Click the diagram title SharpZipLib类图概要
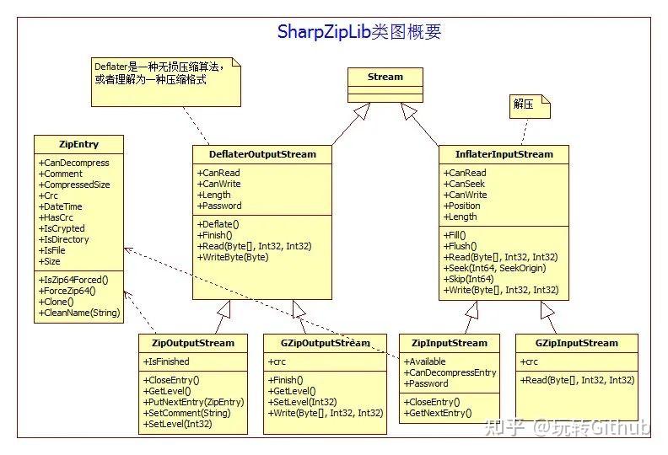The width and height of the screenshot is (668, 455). [x=359, y=32]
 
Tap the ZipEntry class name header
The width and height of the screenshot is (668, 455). [x=78, y=144]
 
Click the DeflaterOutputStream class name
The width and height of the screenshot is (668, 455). [x=261, y=154]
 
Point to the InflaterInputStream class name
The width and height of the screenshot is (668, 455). [x=504, y=154]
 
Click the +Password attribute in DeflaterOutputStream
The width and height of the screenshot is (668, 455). [x=219, y=206]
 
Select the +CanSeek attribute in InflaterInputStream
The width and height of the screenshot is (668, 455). [x=465, y=184]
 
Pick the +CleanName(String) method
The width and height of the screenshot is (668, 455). [x=79, y=313]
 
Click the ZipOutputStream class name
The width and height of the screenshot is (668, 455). [x=193, y=343]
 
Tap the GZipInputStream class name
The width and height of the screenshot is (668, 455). [x=576, y=343]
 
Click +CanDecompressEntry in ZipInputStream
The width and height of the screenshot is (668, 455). [x=450, y=372]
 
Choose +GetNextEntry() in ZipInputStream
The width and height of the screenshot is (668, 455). [x=438, y=414]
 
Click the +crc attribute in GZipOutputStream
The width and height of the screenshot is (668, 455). [x=278, y=361]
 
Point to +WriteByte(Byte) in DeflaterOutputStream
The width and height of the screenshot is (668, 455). [x=233, y=257]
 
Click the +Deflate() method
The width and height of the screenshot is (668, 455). [x=218, y=224]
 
